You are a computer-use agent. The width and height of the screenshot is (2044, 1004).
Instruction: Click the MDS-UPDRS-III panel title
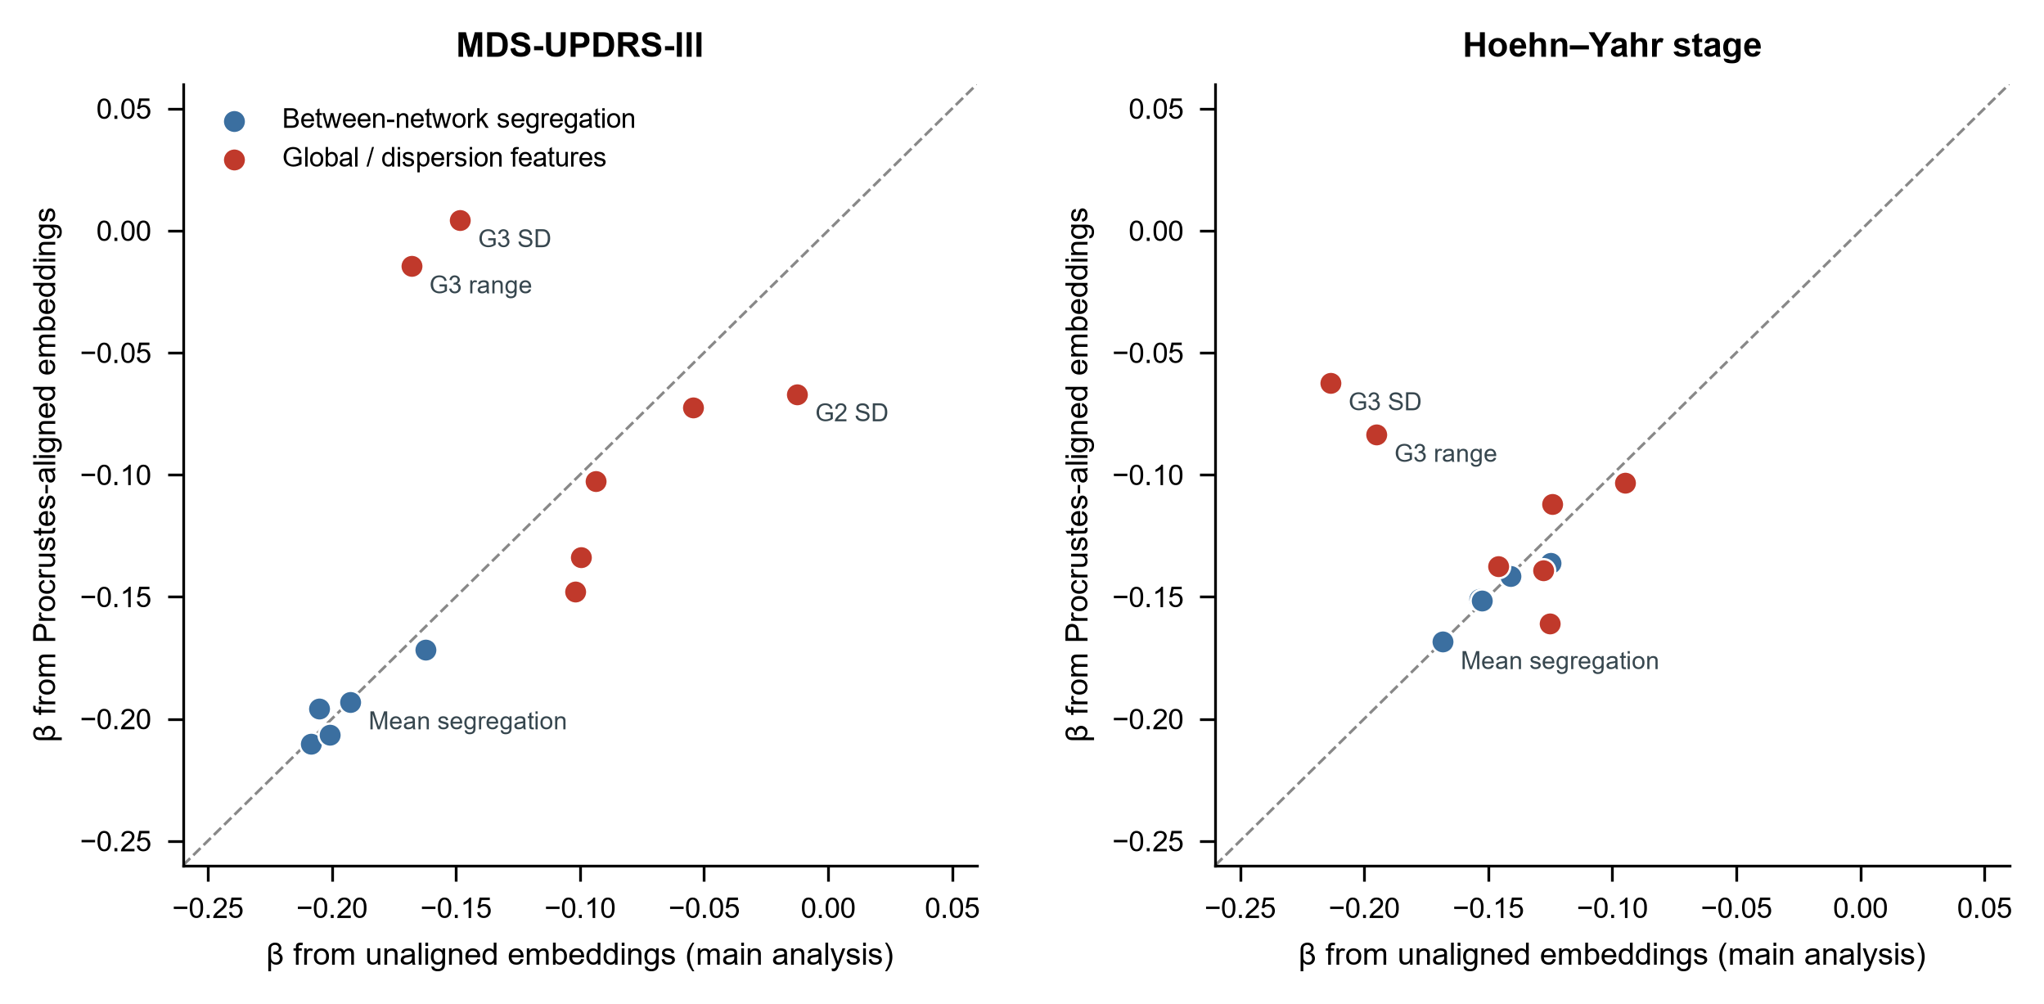point(579,46)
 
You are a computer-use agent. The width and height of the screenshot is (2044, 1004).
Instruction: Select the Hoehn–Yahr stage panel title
point(1612,46)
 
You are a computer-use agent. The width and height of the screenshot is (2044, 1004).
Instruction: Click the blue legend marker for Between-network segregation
point(234,121)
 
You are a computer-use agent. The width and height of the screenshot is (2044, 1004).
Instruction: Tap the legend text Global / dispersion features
point(444,157)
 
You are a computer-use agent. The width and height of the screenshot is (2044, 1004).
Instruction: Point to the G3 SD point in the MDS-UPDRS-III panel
point(460,220)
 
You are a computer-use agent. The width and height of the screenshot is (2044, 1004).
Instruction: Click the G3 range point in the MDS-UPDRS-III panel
point(412,266)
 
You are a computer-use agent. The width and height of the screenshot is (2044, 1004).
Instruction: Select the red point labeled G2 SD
point(797,394)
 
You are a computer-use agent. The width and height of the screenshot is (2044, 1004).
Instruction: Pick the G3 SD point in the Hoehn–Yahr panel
point(1330,383)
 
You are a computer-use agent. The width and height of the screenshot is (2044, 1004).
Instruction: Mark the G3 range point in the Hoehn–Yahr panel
point(1376,434)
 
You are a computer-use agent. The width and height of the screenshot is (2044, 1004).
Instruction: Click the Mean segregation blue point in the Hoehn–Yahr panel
point(1443,642)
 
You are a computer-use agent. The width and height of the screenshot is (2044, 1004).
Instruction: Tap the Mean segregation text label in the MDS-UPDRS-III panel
point(467,721)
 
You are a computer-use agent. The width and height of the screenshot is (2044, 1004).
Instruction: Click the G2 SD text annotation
point(852,412)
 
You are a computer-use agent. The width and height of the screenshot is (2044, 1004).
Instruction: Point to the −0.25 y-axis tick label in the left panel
point(116,841)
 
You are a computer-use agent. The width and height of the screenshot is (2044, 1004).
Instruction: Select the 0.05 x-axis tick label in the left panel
point(952,908)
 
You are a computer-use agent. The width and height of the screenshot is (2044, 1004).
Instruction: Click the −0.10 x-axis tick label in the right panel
point(1612,908)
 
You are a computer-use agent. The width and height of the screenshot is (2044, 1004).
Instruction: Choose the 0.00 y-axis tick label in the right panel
point(1156,231)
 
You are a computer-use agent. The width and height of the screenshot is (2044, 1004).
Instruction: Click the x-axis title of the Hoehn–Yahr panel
point(1612,955)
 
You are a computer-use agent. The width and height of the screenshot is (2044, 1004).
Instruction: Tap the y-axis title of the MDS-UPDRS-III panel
point(46,475)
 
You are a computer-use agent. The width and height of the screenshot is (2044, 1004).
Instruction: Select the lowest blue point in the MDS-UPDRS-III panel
point(311,744)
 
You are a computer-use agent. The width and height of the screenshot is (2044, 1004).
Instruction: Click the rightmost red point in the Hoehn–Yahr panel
point(1625,483)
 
